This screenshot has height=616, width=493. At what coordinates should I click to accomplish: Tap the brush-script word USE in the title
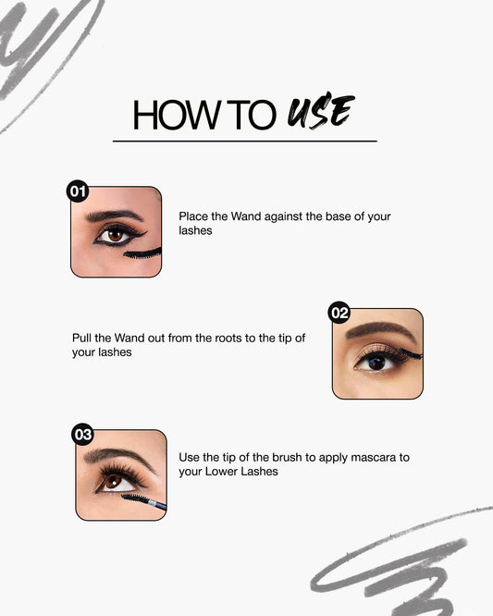click(319, 112)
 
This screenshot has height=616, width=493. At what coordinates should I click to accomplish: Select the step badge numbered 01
click(78, 191)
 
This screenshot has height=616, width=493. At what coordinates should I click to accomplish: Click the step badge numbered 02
click(339, 313)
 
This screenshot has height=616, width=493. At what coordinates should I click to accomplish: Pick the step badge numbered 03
click(83, 434)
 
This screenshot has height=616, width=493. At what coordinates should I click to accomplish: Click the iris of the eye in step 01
click(114, 235)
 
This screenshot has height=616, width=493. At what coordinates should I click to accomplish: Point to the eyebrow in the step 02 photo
click(379, 329)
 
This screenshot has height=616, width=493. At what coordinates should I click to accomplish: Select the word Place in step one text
click(194, 216)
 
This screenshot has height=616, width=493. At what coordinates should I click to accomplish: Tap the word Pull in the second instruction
click(82, 338)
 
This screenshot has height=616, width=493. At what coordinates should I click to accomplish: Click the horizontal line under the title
click(244, 142)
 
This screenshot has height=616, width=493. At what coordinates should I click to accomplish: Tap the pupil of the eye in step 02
click(376, 363)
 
